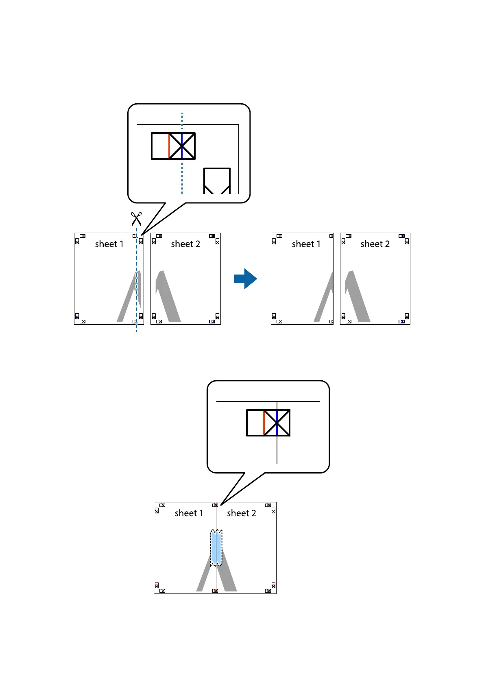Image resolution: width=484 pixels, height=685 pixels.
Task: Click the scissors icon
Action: [x=136, y=218]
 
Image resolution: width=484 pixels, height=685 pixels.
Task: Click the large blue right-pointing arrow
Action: [x=246, y=279]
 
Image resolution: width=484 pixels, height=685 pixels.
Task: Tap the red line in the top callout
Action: [x=169, y=146]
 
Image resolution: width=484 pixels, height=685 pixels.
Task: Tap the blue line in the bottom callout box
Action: [x=277, y=423]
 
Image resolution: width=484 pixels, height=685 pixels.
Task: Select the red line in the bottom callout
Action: [x=264, y=423]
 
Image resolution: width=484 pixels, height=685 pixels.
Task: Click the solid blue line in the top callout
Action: [x=182, y=146]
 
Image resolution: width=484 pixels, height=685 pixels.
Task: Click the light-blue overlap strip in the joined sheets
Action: [x=216, y=548]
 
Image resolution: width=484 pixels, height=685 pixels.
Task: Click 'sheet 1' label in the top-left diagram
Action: [x=109, y=244]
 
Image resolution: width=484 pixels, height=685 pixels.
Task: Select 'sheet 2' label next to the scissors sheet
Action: [x=185, y=244]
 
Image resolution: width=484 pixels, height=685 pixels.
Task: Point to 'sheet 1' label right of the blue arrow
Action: [x=306, y=244]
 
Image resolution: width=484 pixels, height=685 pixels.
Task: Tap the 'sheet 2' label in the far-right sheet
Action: [x=375, y=244]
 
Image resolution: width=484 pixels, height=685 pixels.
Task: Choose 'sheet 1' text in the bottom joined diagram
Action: [x=189, y=513]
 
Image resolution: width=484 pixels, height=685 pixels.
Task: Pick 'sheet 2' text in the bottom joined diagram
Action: [x=242, y=513]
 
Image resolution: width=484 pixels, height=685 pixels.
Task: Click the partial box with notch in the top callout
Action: [x=217, y=181]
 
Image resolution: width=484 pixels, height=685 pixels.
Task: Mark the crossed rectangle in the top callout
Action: [x=173, y=146]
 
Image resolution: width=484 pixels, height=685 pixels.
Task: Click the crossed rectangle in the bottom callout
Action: [x=268, y=423]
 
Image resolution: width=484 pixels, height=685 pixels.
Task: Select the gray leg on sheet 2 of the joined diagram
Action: [x=228, y=578]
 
